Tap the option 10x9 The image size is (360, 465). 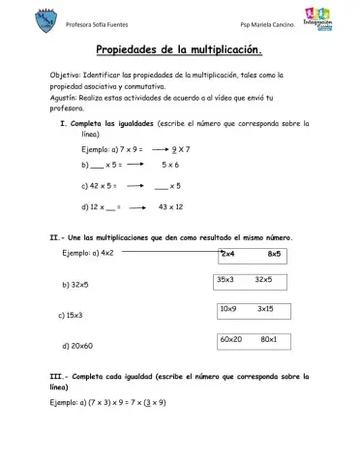(x=229, y=308)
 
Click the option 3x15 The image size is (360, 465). (x=266, y=308)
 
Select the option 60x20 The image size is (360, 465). (x=230, y=339)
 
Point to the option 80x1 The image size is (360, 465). (x=269, y=339)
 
